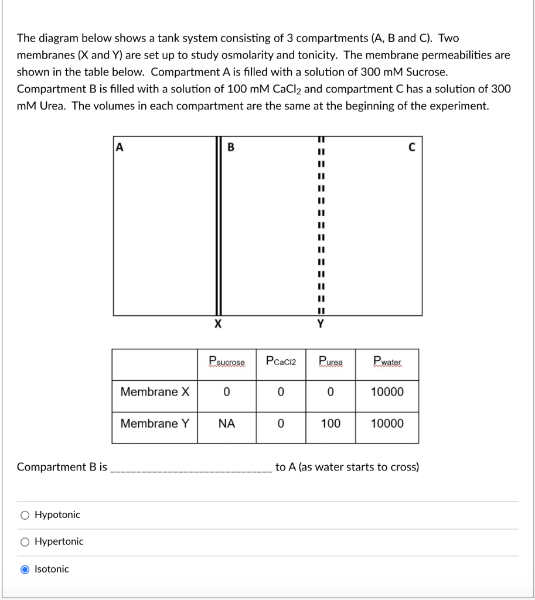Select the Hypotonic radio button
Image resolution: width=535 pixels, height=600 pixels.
25,515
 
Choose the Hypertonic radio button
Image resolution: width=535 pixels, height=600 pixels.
25,542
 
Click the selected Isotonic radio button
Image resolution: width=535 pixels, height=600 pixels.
25,569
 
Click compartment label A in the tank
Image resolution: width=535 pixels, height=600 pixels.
120,147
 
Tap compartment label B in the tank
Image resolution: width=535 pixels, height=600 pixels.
230,147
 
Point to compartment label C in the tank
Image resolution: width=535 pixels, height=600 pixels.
412,147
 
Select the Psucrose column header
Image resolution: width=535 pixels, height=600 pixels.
227,362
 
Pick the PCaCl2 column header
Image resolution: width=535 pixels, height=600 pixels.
281,362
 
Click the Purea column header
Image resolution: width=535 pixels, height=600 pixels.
330,362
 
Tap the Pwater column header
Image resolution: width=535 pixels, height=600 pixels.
387,362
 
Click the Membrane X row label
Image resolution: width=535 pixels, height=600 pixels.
155,391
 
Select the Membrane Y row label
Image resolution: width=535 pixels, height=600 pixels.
155,423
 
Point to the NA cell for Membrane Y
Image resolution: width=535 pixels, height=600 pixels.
227,423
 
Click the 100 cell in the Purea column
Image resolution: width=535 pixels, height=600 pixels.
330,423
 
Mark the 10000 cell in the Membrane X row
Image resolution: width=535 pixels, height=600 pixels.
387,391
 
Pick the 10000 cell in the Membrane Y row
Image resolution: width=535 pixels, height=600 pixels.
387,423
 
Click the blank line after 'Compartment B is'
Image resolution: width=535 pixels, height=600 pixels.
190,468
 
